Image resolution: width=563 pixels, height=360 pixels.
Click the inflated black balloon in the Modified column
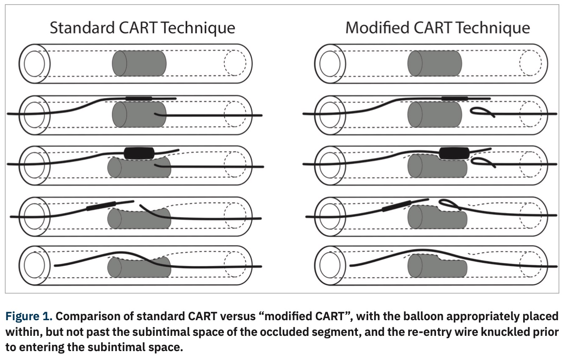tap(453, 153)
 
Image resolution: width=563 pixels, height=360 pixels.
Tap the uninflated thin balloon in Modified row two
tap(454, 98)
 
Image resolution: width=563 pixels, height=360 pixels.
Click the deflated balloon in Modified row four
tap(395, 208)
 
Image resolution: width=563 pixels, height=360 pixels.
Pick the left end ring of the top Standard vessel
tap(34, 64)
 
